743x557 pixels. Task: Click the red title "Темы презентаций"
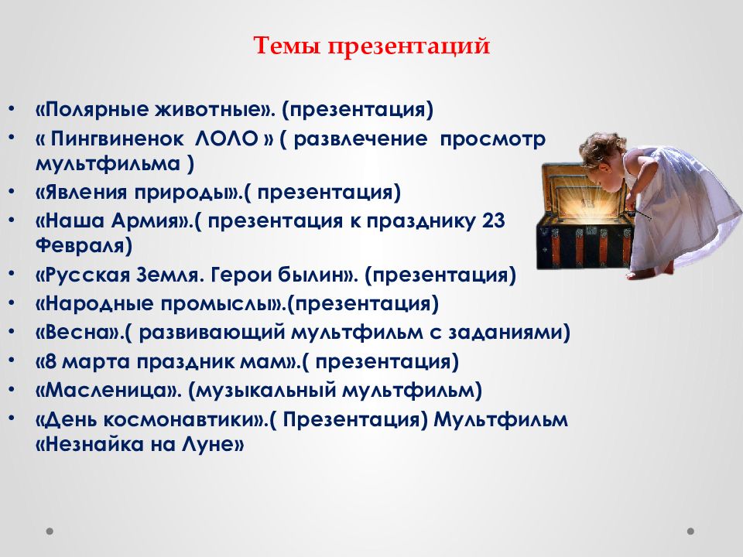click(x=371, y=46)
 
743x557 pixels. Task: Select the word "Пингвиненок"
click(x=117, y=139)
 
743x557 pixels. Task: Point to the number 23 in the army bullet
click(x=494, y=221)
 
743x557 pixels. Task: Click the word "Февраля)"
click(x=84, y=246)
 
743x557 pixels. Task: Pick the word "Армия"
click(x=145, y=221)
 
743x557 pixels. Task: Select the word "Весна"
click(x=77, y=333)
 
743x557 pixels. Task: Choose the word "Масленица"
click(x=108, y=391)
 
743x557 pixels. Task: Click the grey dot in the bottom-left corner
click(x=50, y=531)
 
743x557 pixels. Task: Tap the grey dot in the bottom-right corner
click(x=690, y=531)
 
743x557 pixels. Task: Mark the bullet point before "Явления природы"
click(x=12, y=191)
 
